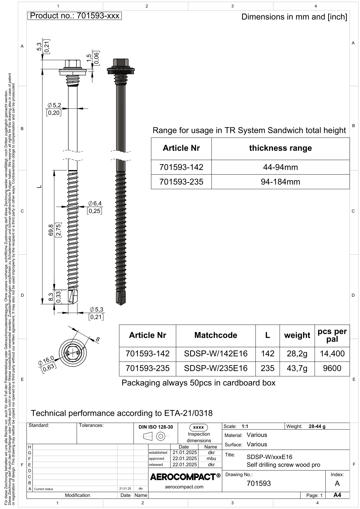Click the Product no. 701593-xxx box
[75, 16]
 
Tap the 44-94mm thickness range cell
[280, 167]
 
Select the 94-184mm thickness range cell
[280, 182]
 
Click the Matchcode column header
[216, 335]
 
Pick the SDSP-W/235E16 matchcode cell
[216, 368]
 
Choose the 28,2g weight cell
[297, 353]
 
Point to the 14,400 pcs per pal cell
[332, 353]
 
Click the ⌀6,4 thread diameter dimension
[95, 203]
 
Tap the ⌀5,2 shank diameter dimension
[54, 105]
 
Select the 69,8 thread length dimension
[51, 230]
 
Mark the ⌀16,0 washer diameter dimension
[46, 361]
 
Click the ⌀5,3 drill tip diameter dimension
[96, 310]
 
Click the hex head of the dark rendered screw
[121, 62]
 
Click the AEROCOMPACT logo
[185, 477]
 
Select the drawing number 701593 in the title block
[259, 483]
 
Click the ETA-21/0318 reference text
[188, 413]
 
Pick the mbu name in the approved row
[211, 459]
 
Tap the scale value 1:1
[245, 426]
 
